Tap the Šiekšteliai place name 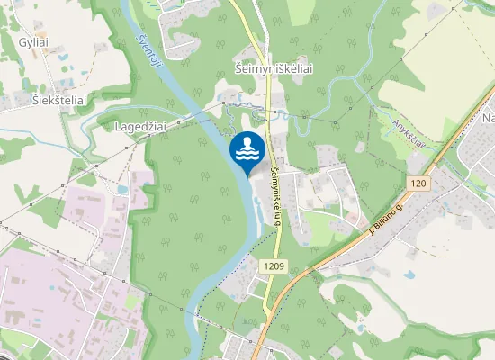pos(59,101)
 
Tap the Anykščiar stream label pos(410,130)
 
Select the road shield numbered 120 pos(417,184)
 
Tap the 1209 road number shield pos(276,266)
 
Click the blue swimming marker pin pos(247,148)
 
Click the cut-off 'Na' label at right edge pos(488,119)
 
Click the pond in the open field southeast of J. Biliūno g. pos(409,274)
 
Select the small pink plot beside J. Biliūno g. pos(358,219)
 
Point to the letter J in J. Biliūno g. pos(371,236)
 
